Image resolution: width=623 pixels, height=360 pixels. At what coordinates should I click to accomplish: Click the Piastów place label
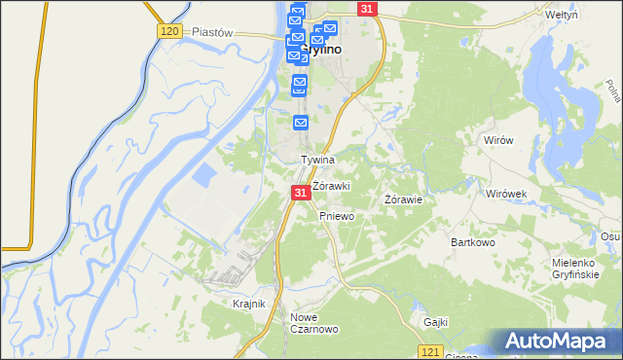pos(212,32)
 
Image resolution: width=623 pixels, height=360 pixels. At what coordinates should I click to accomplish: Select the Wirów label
pos(497,140)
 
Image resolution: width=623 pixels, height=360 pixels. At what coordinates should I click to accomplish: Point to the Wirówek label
pos(506,194)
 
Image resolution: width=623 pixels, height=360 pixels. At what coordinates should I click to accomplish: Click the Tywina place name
pos(317,160)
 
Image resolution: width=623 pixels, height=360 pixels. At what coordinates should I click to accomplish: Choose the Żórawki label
pos(331,186)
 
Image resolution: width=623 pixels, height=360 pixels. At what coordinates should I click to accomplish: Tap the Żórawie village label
pos(403,200)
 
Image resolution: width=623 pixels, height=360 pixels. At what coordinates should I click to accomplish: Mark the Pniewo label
pos(336,217)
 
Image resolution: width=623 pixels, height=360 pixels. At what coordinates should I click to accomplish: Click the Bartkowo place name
pos(473,241)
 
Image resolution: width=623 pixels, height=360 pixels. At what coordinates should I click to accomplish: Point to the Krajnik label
pos(249,304)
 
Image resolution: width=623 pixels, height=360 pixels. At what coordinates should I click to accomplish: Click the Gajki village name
pos(435,321)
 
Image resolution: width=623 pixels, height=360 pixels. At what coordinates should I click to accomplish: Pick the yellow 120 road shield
pos(169,32)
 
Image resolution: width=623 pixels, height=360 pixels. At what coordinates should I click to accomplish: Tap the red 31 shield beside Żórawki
pos(301,195)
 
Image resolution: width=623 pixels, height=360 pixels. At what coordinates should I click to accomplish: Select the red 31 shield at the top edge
pos(366,9)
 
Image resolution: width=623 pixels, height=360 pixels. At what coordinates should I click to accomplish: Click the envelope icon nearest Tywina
pos(301,122)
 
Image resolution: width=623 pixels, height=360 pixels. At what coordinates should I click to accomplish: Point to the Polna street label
pos(613,89)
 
